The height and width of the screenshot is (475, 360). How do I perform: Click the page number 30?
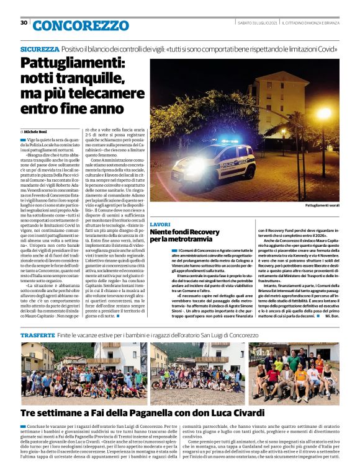(x=24, y=23)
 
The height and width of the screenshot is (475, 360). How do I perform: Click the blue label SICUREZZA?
(x=39, y=49)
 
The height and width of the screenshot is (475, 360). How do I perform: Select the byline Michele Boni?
(x=40, y=132)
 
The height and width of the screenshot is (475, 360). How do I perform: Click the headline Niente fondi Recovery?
(x=185, y=232)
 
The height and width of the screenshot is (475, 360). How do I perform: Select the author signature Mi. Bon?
(x=331, y=315)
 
